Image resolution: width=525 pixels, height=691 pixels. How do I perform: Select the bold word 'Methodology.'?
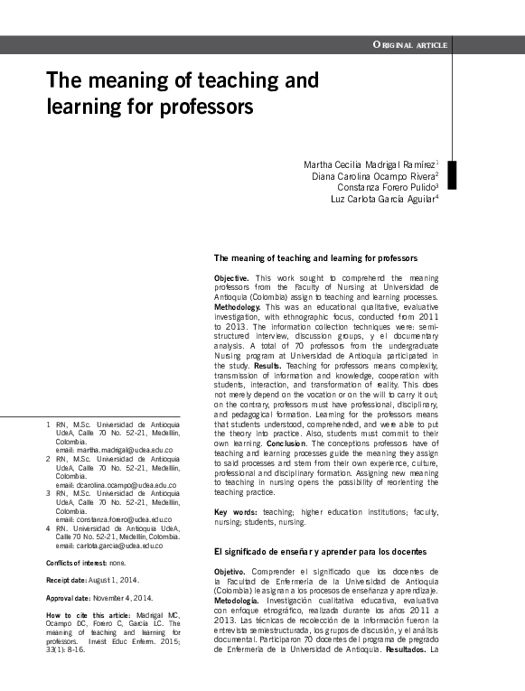point(239,307)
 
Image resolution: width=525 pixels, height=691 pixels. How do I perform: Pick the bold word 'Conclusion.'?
point(287,444)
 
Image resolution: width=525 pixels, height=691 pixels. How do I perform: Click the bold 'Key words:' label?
point(235,512)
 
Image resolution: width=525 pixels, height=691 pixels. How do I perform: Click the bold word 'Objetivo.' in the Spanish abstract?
point(232,572)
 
